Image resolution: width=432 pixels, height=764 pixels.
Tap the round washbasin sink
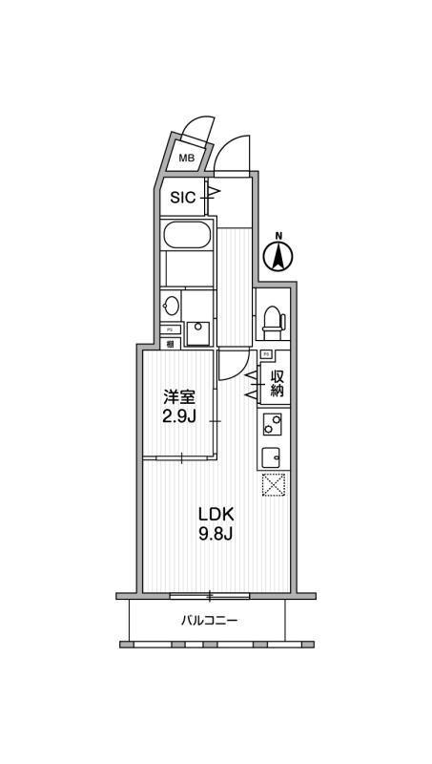pyautogui.click(x=172, y=307)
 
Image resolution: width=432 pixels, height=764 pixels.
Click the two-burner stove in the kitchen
pyautogui.click(x=272, y=423)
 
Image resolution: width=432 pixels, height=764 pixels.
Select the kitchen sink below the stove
pyautogui.click(x=272, y=454)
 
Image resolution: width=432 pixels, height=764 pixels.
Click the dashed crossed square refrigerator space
pyautogui.click(x=273, y=485)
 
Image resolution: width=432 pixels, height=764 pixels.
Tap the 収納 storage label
pyautogui.click(x=277, y=383)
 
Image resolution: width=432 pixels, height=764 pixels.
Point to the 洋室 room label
pyautogui.click(x=178, y=396)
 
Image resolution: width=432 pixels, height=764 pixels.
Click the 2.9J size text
pyautogui.click(x=178, y=416)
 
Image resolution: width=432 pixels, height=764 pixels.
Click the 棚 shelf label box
pyautogui.click(x=169, y=344)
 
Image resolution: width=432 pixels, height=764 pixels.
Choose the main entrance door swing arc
pyautogui.click(x=232, y=153)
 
